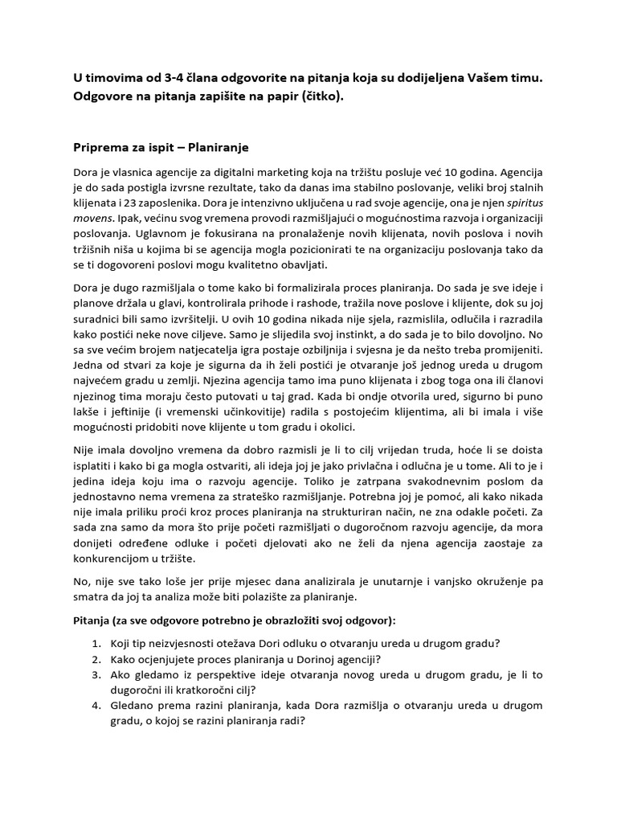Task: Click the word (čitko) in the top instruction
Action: coord(321,96)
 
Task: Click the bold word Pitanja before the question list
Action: coord(93,621)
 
